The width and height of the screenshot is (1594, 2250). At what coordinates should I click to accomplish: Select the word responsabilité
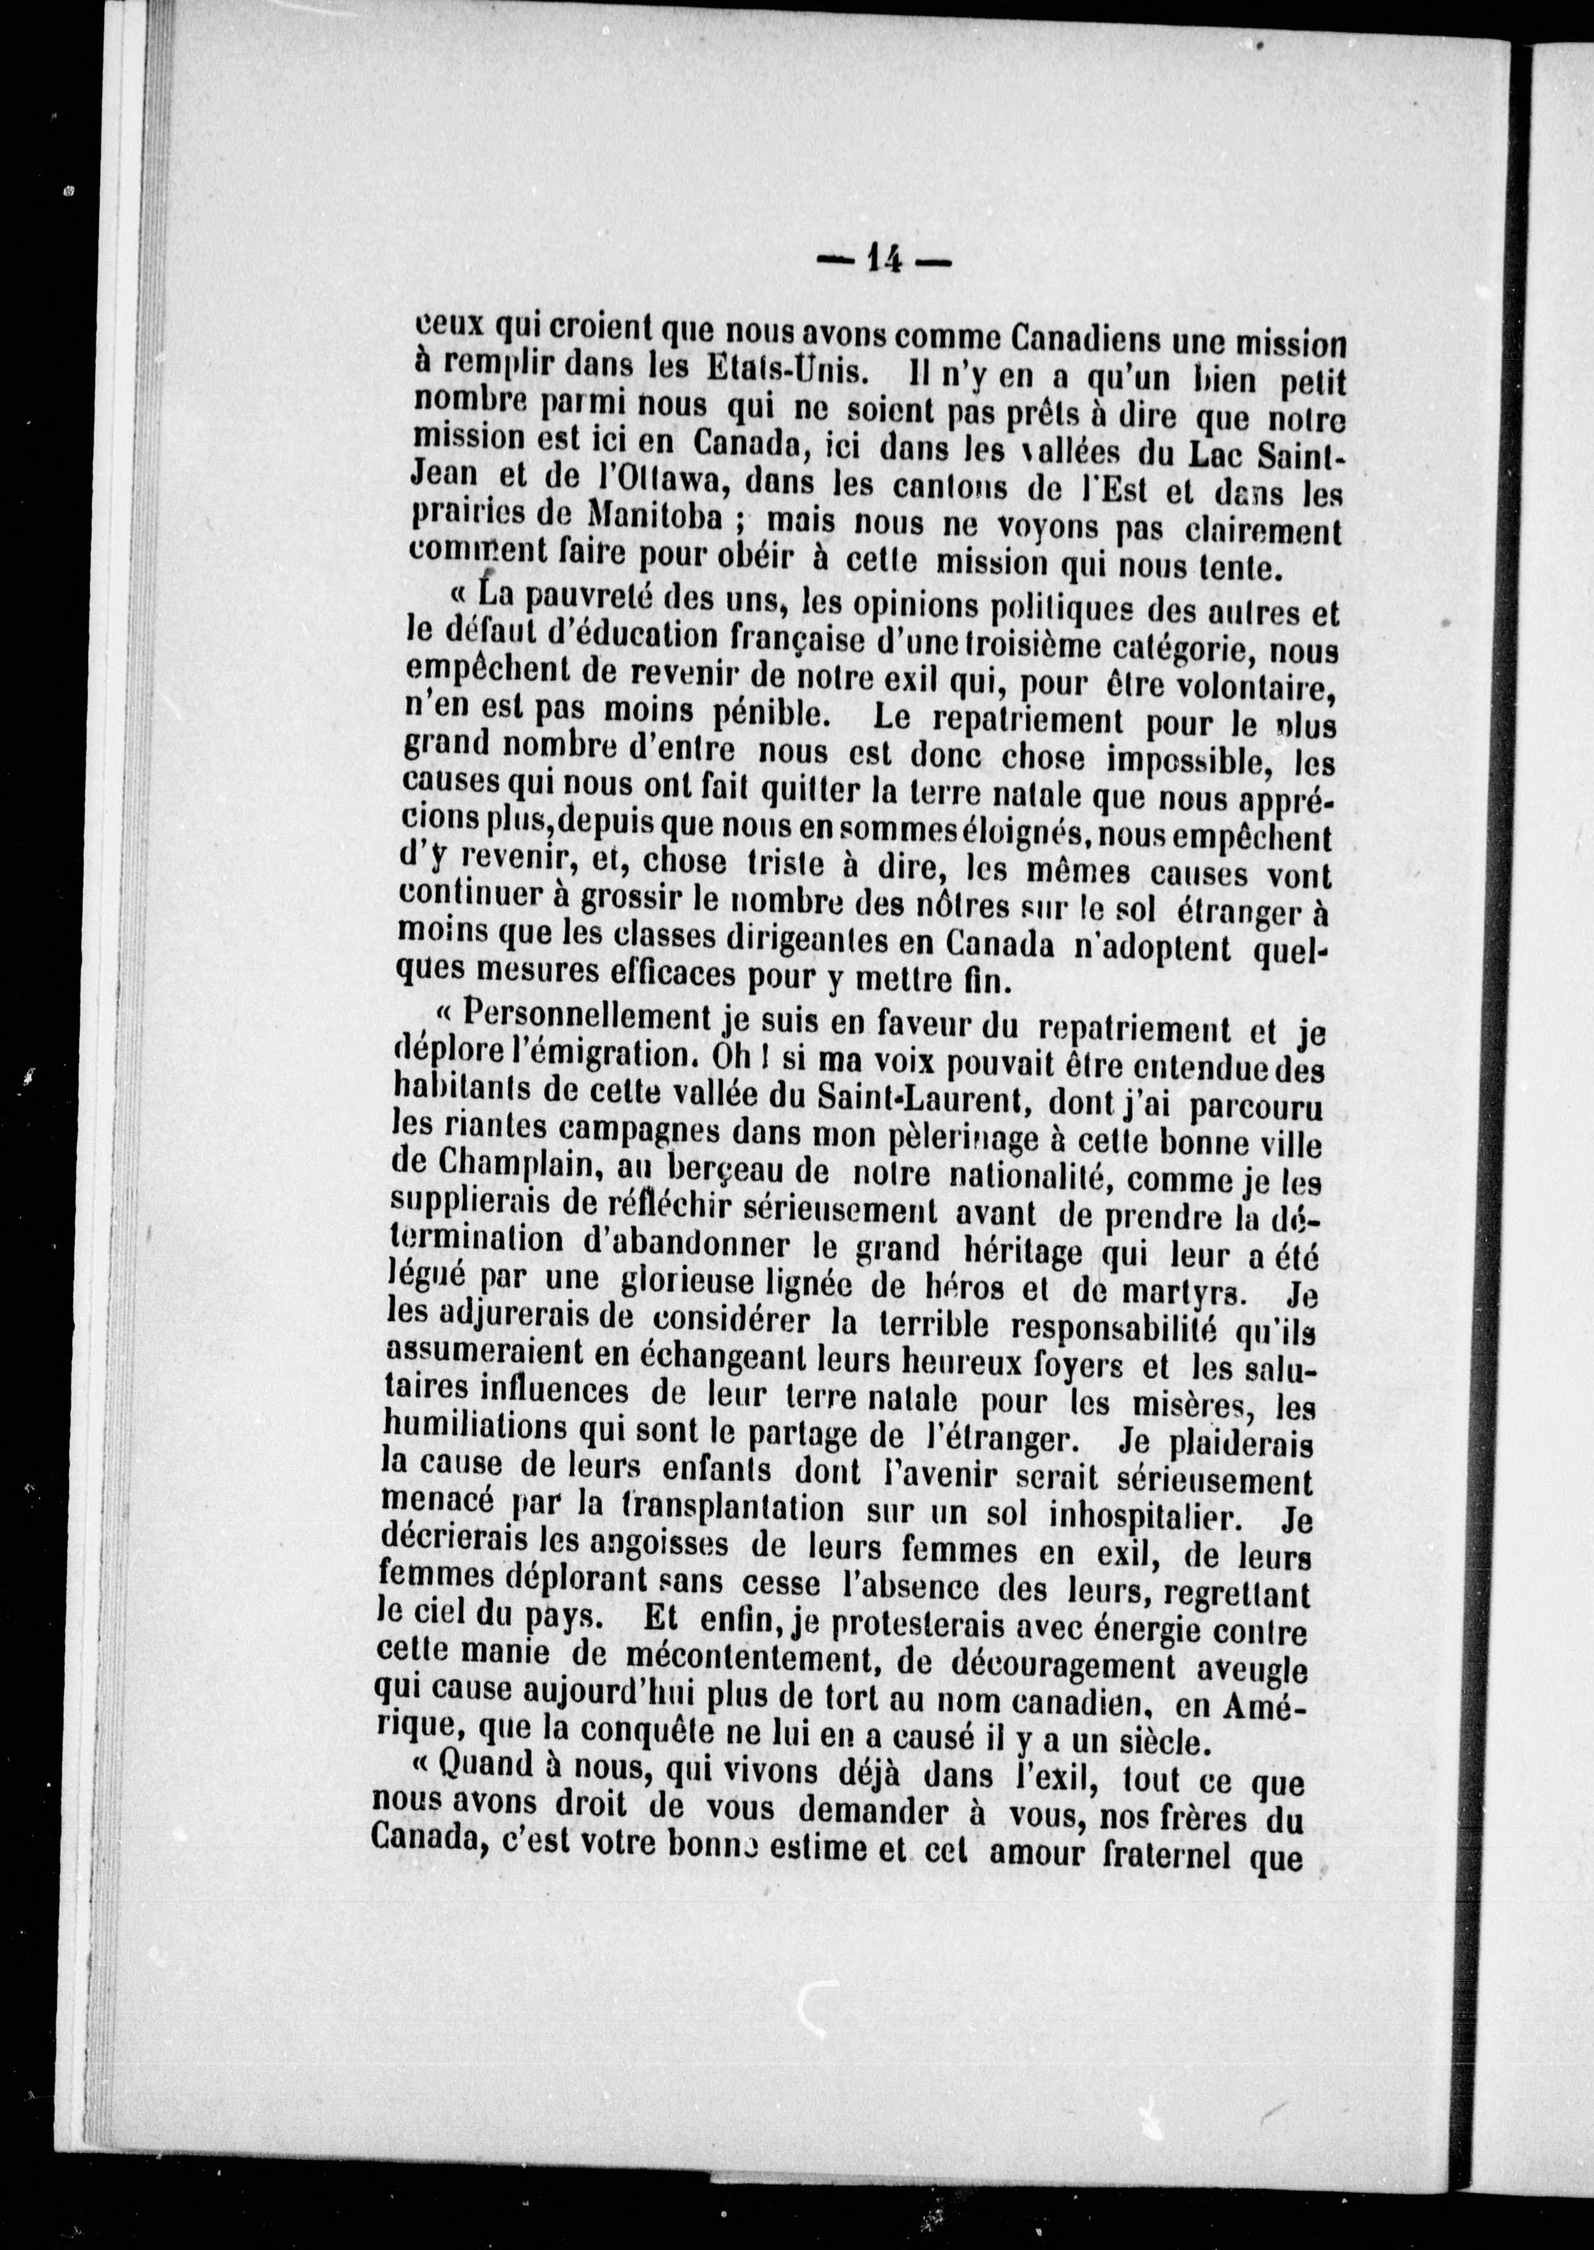coord(1114,1328)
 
